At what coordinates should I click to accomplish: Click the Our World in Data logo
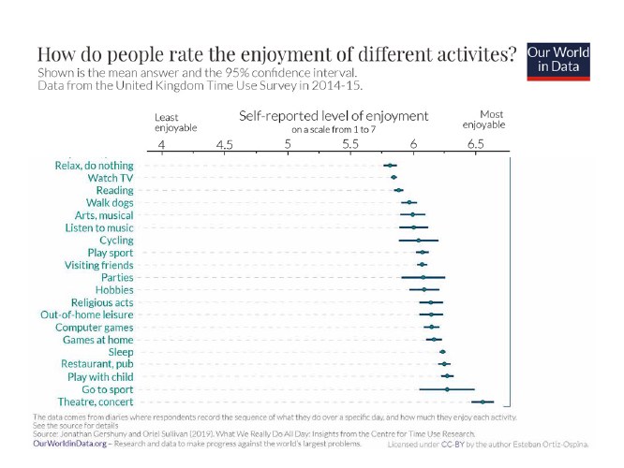(x=558, y=61)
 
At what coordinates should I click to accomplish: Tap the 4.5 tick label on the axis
(x=224, y=145)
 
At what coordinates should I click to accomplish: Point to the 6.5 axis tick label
(x=476, y=145)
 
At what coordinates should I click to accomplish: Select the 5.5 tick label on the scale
(x=350, y=145)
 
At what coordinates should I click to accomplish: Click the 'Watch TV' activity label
(x=110, y=178)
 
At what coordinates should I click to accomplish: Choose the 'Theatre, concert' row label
(x=95, y=402)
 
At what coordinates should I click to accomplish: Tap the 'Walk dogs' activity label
(x=109, y=202)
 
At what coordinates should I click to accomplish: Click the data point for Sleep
(x=442, y=352)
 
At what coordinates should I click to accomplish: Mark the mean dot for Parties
(x=423, y=277)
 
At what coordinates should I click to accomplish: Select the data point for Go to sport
(x=447, y=388)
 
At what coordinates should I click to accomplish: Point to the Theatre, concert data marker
(x=483, y=402)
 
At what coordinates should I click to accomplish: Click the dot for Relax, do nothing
(x=390, y=166)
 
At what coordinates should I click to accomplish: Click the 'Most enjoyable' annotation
(x=485, y=119)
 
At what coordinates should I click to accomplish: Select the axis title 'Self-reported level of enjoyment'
(x=334, y=116)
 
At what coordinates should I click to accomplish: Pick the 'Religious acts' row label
(x=102, y=302)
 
